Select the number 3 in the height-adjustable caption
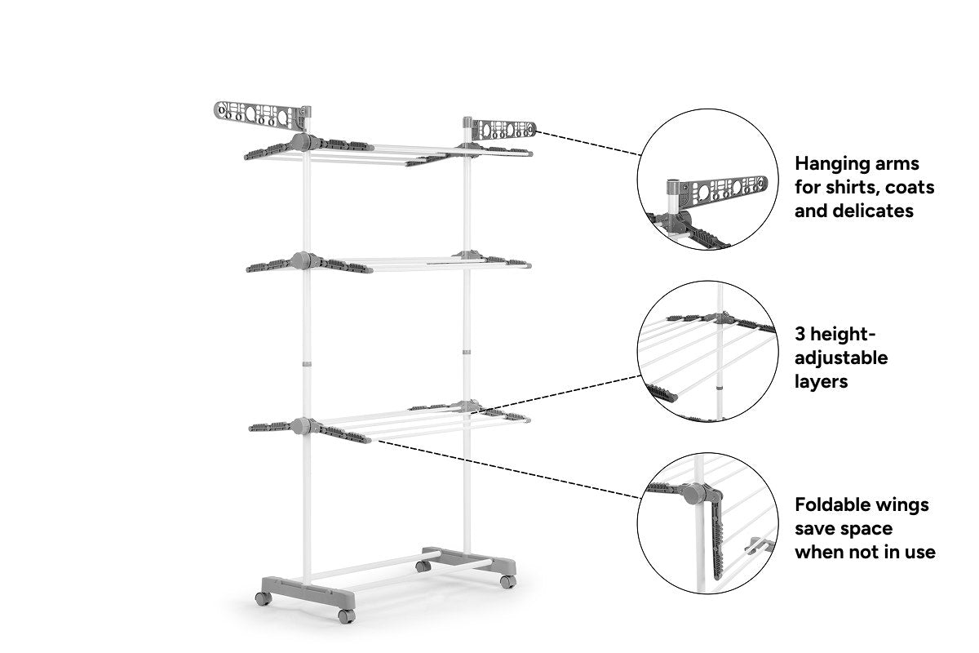click(x=800, y=335)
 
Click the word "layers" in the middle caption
click(x=821, y=382)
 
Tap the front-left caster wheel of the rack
click(x=263, y=598)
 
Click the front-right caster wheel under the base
click(x=346, y=615)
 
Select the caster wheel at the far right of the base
click(x=507, y=581)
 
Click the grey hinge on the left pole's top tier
click(x=301, y=142)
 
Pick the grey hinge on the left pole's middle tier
click(x=302, y=260)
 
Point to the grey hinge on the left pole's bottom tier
click(x=302, y=426)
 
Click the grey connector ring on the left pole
click(x=307, y=364)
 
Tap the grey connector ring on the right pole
click(x=467, y=352)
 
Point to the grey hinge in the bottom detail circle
click(x=695, y=494)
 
